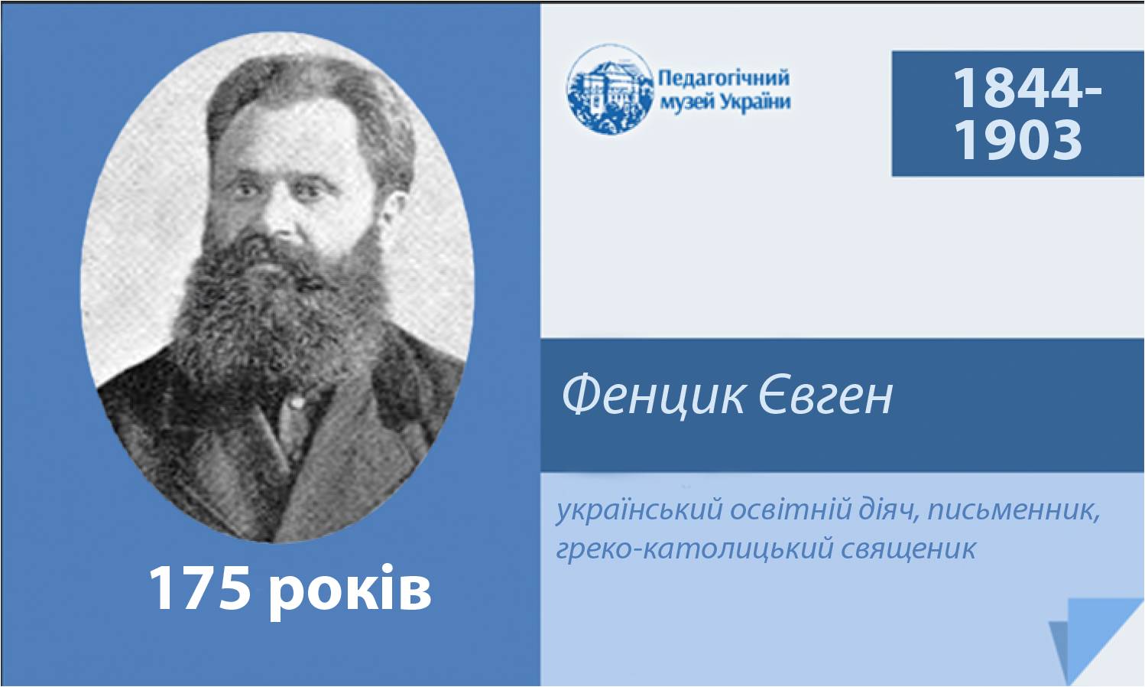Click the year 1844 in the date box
pyautogui.click(x=1020, y=87)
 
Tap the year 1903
pyautogui.click(x=1018, y=138)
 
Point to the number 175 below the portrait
pyautogui.click(x=196, y=589)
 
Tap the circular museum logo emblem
pyautogui.click(x=610, y=89)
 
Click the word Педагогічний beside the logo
pyautogui.click(x=724, y=80)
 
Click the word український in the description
pyautogui.click(x=640, y=510)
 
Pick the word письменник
pyautogui.click(x=1013, y=510)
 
